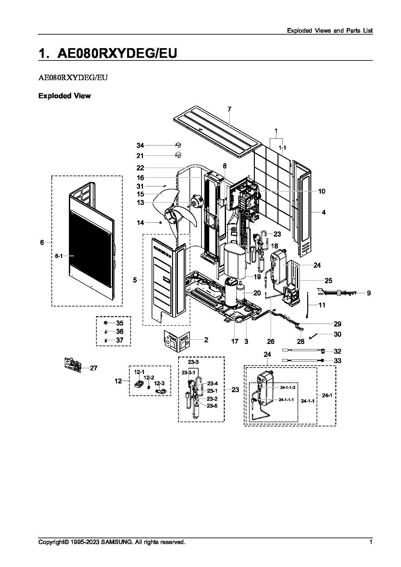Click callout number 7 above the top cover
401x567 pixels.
tap(229, 109)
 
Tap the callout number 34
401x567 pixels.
tap(140, 146)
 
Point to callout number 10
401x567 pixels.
tap(321, 191)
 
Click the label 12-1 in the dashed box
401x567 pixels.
tap(139, 372)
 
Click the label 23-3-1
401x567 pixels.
tap(188, 373)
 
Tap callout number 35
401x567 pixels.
tap(120, 323)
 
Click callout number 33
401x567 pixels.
tap(337, 361)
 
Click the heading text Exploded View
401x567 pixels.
tap(65, 96)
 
